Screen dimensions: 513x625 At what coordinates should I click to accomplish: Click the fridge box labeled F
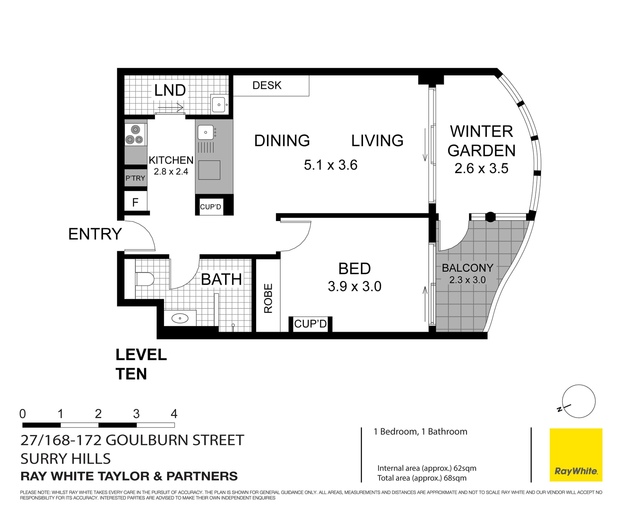coord(135,202)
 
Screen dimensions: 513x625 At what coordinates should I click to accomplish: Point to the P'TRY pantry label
coord(135,178)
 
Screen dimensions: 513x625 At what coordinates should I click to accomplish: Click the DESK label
coord(267,85)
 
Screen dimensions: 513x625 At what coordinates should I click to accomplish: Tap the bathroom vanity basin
coord(180,318)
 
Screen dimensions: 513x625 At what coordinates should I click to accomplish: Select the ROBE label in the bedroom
coord(268,298)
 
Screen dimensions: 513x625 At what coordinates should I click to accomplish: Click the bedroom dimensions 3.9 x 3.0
coord(354,286)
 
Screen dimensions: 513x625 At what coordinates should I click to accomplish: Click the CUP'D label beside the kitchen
coord(211,207)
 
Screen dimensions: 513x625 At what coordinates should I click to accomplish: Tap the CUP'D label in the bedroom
coord(310,324)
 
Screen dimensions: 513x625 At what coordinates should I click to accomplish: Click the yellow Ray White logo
coord(576,455)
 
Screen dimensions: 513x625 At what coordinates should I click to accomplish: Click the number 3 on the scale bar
coord(136,414)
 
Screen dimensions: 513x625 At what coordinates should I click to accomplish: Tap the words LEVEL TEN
coord(141,364)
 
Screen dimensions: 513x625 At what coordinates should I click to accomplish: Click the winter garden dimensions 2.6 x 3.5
coord(481,168)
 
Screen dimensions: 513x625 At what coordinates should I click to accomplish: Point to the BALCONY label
coord(467,268)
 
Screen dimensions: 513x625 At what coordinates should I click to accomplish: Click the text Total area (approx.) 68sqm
coord(422,478)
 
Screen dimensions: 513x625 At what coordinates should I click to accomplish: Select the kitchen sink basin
coord(206,132)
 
